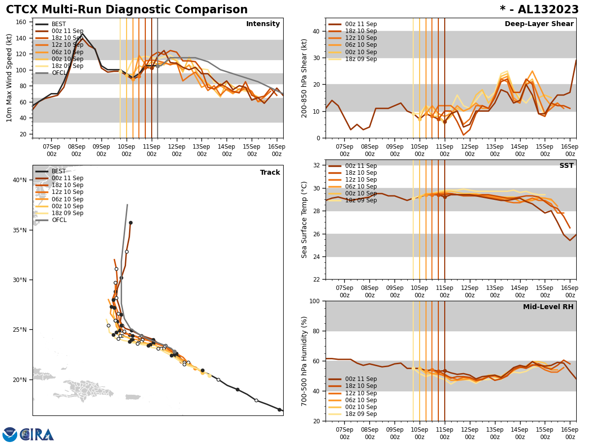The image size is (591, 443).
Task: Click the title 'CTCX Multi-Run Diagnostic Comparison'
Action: coord(127,10)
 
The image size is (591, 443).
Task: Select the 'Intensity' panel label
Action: coord(263,24)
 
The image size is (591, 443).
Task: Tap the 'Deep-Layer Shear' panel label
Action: coord(539,24)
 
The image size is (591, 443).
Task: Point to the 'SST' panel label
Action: coord(566,166)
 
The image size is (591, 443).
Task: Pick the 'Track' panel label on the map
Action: coord(270,173)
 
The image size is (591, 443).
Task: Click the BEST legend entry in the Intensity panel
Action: coord(59,24)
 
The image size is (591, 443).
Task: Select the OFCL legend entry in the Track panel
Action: coord(59,220)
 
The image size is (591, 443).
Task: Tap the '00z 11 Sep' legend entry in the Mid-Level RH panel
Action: coord(361,379)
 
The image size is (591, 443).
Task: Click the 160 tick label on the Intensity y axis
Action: coord(22,22)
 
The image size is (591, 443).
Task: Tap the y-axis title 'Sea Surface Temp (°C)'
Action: coord(304,220)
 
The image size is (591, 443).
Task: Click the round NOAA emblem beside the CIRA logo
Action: coord(10,434)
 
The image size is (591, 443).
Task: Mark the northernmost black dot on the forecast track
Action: coord(131,222)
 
